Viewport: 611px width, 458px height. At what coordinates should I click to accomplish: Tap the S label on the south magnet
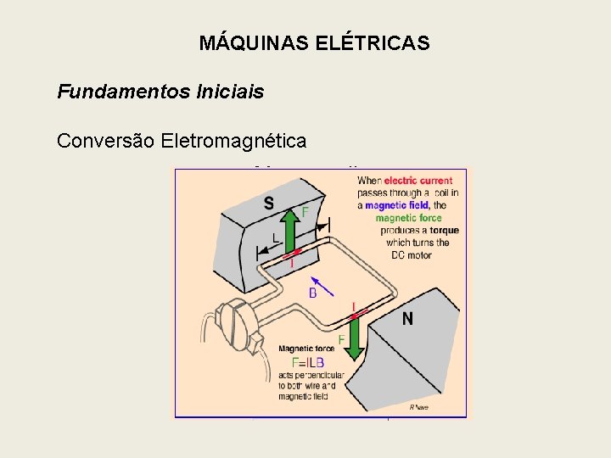(268, 204)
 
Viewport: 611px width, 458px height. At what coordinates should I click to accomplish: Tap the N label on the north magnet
(407, 319)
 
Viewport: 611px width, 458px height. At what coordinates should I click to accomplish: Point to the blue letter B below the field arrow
(312, 293)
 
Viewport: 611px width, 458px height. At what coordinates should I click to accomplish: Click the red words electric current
(418, 181)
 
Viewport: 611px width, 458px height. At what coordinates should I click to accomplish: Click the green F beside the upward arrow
(305, 210)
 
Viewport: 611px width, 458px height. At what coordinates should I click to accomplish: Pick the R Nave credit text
(419, 407)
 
